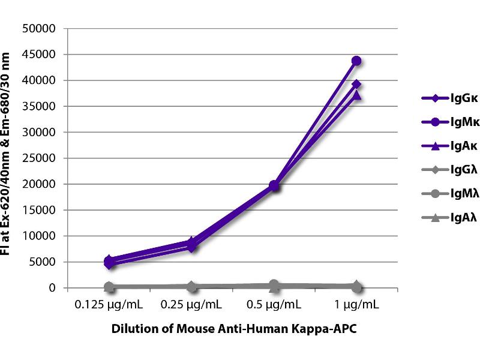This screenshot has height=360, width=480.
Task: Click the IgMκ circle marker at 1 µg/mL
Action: click(356, 61)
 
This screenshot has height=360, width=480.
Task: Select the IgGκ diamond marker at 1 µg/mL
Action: click(356, 84)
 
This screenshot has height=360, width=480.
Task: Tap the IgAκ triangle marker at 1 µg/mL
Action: click(356, 95)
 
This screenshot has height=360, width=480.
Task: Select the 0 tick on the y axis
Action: click(52, 288)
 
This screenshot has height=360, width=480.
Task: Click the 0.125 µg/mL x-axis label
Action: click(109, 304)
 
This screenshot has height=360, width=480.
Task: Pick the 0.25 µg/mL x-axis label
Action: click(191, 304)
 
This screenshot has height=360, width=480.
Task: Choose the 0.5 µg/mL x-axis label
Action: click(274, 304)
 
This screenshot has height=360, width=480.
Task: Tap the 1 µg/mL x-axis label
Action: click(356, 304)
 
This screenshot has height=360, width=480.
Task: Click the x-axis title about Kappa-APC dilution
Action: click(234, 329)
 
